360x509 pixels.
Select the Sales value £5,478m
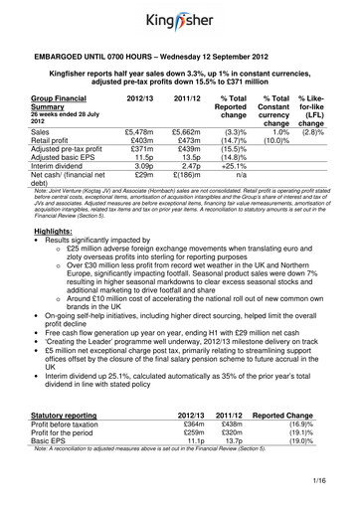[139, 130]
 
